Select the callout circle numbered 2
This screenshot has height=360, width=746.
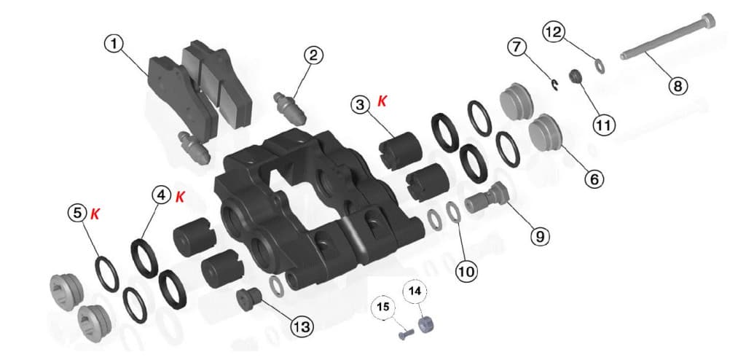click(314, 55)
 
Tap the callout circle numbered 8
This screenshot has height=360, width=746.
click(677, 86)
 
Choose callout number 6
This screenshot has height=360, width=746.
click(592, 178)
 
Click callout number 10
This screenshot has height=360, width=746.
click(466, 271)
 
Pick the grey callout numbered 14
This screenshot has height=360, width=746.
click(415, 291)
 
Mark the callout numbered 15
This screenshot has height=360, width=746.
click(382, 308)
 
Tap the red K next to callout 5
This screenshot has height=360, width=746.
click(95, 214)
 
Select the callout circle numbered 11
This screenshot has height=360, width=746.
click(603, 125)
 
